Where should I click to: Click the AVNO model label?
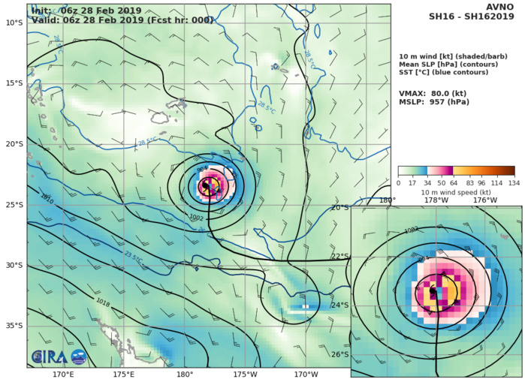[x=502, y=8]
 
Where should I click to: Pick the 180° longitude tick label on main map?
[x=185, y=374]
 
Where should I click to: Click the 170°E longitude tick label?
[x=63, y=374]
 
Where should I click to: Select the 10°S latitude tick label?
[x=14, y=23]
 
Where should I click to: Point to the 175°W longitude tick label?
[x=245, y=374]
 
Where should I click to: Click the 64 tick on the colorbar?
[x=453, y=182]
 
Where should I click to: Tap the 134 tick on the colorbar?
[x=514, y=182]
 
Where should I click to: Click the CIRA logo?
[x=47, y=357]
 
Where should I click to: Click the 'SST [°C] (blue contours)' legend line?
[x=448, y=75]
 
